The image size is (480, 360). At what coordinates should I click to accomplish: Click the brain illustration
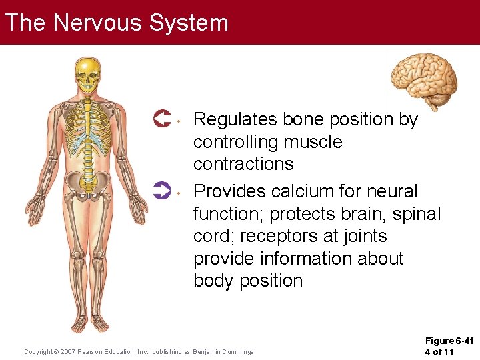pos(424,79)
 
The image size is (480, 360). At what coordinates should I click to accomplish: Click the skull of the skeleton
pos(88,75)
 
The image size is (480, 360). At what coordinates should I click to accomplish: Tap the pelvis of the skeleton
pos(87,181)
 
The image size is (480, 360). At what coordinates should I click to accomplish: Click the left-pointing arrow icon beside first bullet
pos(162,119)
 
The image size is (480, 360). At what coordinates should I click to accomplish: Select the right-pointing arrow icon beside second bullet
pos(162,191)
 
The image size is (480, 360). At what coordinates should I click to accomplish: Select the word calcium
pos(315,191)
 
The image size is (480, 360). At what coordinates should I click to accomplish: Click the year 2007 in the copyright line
pos(67,351)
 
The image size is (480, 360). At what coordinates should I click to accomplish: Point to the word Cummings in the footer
pos(234,351)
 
